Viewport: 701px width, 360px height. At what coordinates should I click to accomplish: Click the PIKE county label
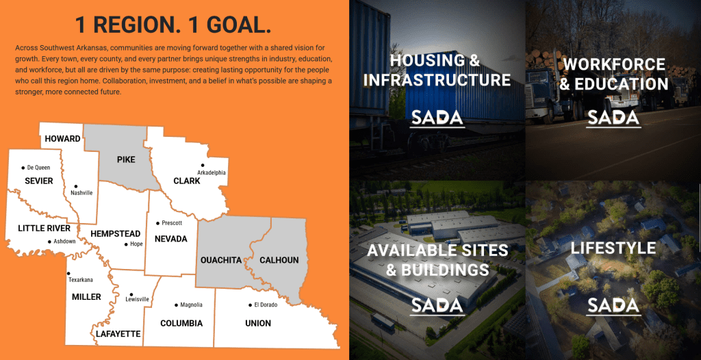(x=126, y=159)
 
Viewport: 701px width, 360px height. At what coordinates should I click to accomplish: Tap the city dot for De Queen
(x=23, y=168)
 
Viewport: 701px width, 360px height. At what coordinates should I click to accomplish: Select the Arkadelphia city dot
(x=203, y=165)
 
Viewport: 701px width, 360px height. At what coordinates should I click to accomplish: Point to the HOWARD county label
(x=62, y=139)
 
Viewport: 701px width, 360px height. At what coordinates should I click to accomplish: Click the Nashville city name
(x=81, y=193)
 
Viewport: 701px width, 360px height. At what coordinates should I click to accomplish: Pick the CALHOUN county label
(x=279, y=260)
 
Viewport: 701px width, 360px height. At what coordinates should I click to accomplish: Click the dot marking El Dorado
(x=250, y=305)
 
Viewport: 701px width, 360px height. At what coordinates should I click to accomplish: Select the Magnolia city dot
(x=176, y=305)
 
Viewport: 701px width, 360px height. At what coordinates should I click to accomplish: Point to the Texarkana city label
(x=81, y=280)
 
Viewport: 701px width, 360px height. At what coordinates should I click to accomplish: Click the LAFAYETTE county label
(x=118, y=333)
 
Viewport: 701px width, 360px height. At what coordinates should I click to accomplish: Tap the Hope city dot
(x=126, y=244)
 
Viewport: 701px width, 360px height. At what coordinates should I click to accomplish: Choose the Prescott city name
(x=172, y=222)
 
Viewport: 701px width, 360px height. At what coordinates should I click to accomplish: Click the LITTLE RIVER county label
(x=44, y=228)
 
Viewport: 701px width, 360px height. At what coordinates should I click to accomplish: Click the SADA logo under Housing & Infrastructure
(x=437, y=118)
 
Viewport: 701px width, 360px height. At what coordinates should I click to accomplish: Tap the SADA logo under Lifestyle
(x=613, y=306)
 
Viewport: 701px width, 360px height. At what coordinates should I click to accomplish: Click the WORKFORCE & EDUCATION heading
(x=614, y=74)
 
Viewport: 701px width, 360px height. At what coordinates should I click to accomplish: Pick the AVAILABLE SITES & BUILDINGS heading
(x=437, y=259)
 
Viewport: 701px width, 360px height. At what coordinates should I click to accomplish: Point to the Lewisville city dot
(x=131, y=294)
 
